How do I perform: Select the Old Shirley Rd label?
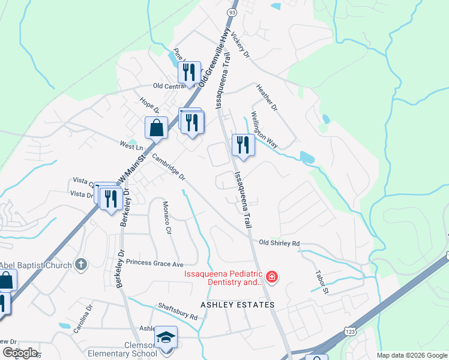pyautogui.click(x=279, y=243)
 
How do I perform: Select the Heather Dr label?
pyautogui.click(x=267, y=98)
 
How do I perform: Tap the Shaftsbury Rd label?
pyautogui.click(x=178, y=311)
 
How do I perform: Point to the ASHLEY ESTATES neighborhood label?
pyautogui.click(x=237, y=305)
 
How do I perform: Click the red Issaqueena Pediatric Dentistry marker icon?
pyautogui.click(x=272, y=277)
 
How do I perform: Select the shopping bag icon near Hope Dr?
pyautogui.click(x=156, y=128)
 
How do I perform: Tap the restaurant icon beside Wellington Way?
pyautogui.click(x=243, y=145)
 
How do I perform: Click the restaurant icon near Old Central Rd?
pyautogui.click(x=189, y=73)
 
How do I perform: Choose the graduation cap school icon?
pyautogui.click(x=165, y=337)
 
